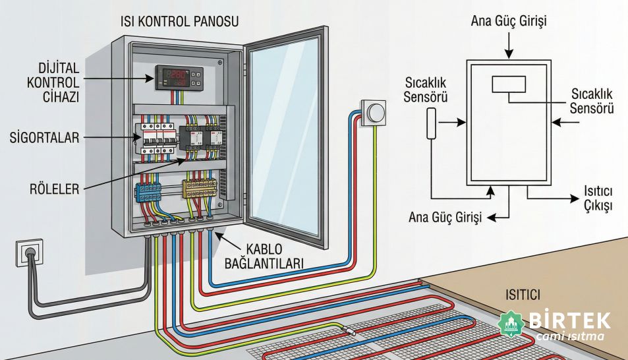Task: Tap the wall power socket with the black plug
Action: coord(28,253)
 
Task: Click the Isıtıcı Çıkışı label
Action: coord(595,198)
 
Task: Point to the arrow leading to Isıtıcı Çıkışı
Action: coord(547,196)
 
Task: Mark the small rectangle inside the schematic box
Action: coord(509,84)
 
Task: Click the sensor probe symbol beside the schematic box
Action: coord(431,123)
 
